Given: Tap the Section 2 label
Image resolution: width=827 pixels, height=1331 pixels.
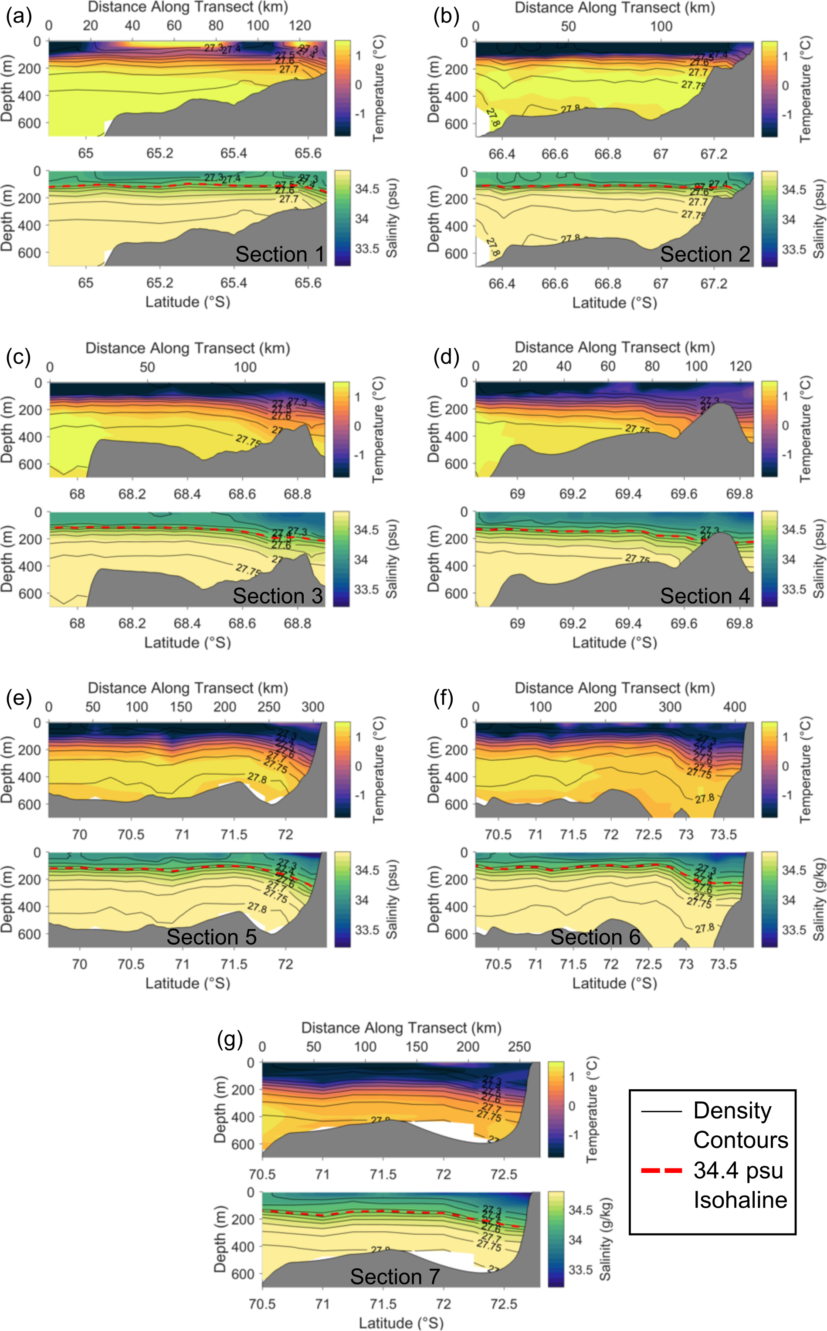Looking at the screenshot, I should pyautogui.click(x=705, y=254).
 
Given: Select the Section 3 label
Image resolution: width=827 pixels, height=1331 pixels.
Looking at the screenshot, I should pyautogui.click(x=277, y=596).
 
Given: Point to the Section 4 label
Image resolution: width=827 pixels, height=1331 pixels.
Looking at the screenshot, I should pyautogui.click(x=705, y=596).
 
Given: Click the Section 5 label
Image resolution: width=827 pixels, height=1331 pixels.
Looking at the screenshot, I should pyautogui.click(x=212, y=937).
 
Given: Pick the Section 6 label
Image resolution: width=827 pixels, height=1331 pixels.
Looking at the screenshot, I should pyautogui.click(x=595, y=937).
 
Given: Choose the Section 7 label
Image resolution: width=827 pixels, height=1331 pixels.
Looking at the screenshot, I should pyautogui.click(x=395, y=1276).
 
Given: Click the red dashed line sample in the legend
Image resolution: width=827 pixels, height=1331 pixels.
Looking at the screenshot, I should pyautogui.click(x=661, y=1171).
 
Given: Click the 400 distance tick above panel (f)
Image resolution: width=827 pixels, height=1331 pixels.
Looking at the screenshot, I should pyautogui.click(x=734, y=707).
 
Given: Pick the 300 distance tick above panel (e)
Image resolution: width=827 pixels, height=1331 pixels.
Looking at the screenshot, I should pyautogui.click(x=312, y=707).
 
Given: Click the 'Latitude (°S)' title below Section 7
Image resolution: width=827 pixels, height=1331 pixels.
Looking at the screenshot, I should pyautogui.click(x=401, y=1323).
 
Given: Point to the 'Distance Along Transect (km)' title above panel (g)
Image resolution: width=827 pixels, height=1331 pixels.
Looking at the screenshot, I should pyautogui.click(x=401, y=1027).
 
